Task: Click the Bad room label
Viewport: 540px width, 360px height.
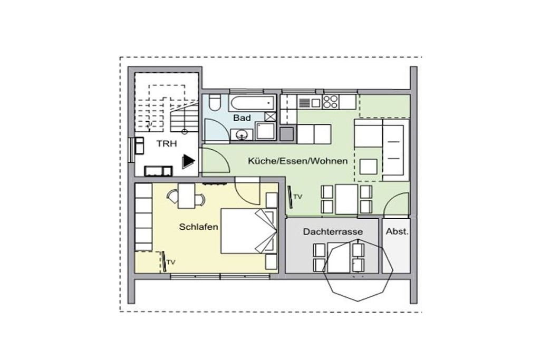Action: tap(242, 118)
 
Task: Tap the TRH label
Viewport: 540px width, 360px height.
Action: tap(167, 143)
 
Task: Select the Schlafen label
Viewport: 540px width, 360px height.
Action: tap(198, 227)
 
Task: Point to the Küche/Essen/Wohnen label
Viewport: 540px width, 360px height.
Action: tap(298, 161)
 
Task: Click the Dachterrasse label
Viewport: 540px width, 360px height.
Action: tap(333, 231)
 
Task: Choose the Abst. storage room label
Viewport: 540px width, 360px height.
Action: tap(397, 231)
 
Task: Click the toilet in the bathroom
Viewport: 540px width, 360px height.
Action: tap(215, 102)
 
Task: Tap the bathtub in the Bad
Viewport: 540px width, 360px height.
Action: tap(253, 103)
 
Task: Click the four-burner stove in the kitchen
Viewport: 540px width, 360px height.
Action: tap(330, 102)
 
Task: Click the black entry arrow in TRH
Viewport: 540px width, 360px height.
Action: tap(188, 161)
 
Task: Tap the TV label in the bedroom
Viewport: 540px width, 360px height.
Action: tap(171, 262)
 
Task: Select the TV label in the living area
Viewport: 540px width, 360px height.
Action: tap(297, 197)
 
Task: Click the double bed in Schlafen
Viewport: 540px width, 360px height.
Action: tap(249, 230)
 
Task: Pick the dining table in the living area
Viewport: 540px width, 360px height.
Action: tap(346, 199)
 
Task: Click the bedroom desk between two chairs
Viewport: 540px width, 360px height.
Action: tap(187, 196)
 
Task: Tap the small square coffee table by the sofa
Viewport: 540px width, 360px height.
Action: tap(369, 167)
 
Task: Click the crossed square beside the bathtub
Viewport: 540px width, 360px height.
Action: tap(271, 116)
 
